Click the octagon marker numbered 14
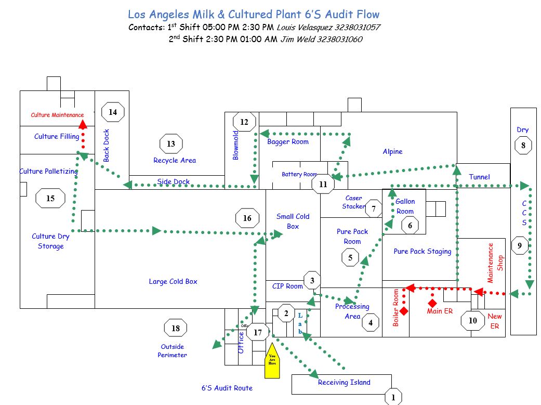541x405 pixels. click(113, 112)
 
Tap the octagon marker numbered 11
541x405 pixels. click(323, 184)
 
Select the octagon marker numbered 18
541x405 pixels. click(176, 328)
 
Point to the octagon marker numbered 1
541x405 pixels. click(393, 398)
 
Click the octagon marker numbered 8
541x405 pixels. click(523, 146)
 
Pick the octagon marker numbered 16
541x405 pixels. click(247, 218)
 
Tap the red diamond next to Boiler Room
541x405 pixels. click(404, 310)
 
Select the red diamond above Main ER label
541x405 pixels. click(432, 303)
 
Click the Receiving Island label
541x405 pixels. click(344, 382)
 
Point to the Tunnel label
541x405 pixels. click(479, 177)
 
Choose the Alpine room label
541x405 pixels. click(392, 152)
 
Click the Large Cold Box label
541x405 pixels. click(173, 281)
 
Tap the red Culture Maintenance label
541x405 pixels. click(57, 115)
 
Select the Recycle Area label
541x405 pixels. click(175, 160)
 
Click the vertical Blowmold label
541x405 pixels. click(235, 145)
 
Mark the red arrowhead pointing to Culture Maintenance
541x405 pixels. click(82, 124)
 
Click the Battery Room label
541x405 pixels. click(299, 174)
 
